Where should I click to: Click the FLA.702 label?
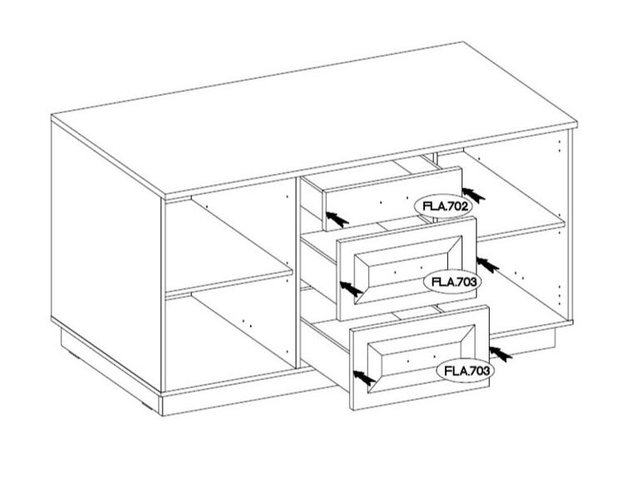[443, 207]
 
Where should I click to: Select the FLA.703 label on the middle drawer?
[453, 282]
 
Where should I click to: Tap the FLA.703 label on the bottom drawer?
[466, 371]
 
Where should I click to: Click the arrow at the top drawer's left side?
[337, 220]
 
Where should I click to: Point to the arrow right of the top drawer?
[473, 195]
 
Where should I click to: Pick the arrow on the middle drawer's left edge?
[352, 288]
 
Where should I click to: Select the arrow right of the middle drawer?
[487, 265]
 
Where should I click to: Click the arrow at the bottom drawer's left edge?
[364, 378]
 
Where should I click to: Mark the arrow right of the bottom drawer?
[501, 353]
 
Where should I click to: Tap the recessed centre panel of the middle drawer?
[402, 270]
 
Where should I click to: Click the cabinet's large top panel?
[314, 118]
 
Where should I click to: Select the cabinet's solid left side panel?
[106, 252]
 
